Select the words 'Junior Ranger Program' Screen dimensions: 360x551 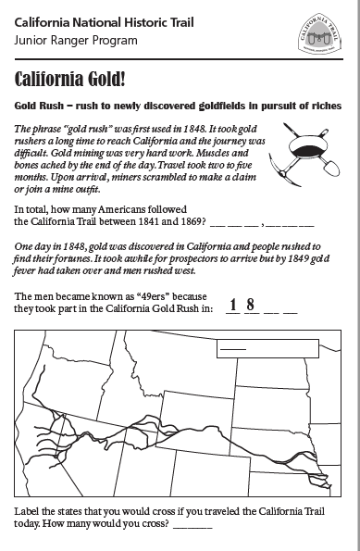pyautogui.click(x=76, y=40)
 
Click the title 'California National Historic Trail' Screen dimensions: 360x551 pyautogui.click(x=111, y=22)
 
